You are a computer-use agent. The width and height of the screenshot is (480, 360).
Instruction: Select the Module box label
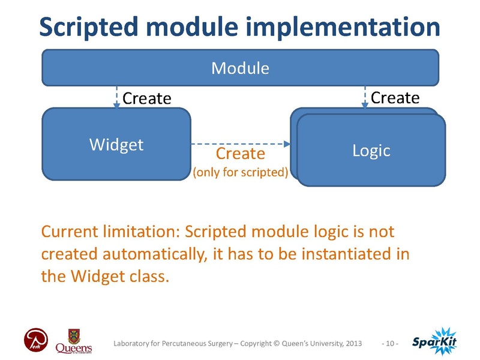coord(239,68)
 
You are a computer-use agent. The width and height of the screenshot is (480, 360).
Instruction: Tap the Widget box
coord(116,144)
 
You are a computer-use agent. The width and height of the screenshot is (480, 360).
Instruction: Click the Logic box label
coord(371,150)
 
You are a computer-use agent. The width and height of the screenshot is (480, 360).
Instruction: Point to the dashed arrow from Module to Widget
coord(116,97)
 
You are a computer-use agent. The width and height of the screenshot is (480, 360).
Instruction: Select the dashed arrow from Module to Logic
coord(364,97)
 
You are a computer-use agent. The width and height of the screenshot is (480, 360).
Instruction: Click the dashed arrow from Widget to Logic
coord(240,144)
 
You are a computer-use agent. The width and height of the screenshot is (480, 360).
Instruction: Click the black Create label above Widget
coord(147,98)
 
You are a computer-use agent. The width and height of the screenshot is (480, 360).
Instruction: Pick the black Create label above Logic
coord(395,97)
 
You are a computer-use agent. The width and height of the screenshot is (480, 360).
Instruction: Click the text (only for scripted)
coord(240,173)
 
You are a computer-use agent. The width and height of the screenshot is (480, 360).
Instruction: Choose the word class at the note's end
coord(147,277)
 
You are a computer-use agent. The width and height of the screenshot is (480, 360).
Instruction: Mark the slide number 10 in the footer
coord(390,344)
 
